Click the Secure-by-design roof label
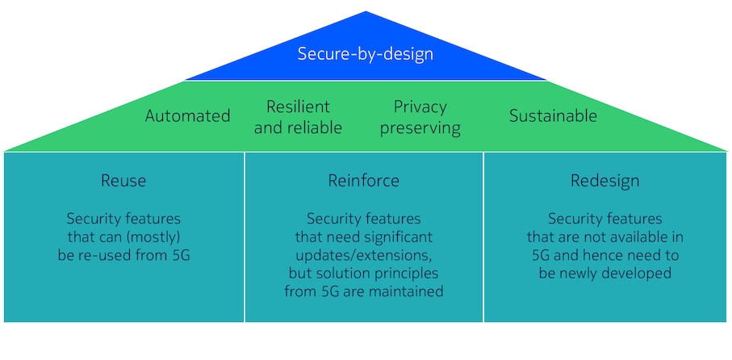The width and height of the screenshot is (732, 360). pyautogui.click(x=366, y=55)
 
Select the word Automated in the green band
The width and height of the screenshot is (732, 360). pyautogui.click(x=187, y=116)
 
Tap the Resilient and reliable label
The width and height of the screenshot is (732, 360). pyautogui.click(x=298, y=117)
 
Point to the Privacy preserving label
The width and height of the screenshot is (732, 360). pyautogui.click(x=420, y=117)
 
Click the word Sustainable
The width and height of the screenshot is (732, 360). pyautogui.click(x=553, y=116)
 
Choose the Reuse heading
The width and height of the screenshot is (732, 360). pyautogui.click(x=123, y=181)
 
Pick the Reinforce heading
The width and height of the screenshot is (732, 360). pyautogui.click(x=363, y=181)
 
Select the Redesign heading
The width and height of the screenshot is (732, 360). pyautogui.click(x=604, y=181)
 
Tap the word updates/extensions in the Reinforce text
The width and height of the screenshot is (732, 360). pyautogui.click(x=363, y=255)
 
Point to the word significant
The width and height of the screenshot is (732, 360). pyautogui.click(x=391, y=237)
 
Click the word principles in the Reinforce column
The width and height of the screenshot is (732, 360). pyautogui.click(x=405, y=273)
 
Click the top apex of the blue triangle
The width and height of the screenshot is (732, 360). pyautogui.click(x=366, y=13)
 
